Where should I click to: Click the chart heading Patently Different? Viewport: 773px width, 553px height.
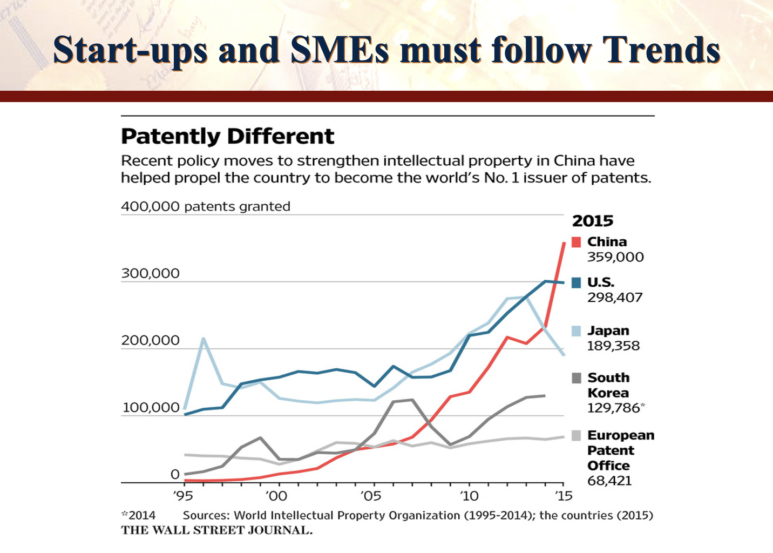pyautogui.click(x=227, y=136)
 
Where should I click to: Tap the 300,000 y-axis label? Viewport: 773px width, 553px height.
pyautogui.click(x=150, y=273)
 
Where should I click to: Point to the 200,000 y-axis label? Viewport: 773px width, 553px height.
pyautogui.click(x=150, y=340)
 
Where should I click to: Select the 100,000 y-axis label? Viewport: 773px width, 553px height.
pyautogui.click(x=151, y=407)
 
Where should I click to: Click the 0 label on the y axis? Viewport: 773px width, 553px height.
pyautogui.click(x=175, y=474)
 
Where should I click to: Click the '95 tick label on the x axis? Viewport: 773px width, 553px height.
pyautogui.click(x=183, y=496)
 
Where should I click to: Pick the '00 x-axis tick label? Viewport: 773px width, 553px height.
pyautogui.click(x=277, y=496)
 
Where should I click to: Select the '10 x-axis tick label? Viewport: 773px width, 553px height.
pyautogui.click(x=469, y=496)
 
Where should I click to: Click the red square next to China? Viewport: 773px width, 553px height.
pyautogui.click(x=577, y=242)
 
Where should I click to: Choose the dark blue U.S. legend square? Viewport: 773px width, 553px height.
pyautogui.click(x=577, y=282)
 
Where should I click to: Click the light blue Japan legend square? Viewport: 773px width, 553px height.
pyautogui.click(x=577, y=331)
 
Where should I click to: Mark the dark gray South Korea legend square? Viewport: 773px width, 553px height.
pyautogui.click(x=577, y=378)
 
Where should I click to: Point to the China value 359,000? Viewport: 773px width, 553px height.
pyautogui.click(x=615, y=257)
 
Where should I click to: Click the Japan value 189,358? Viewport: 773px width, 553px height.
pyautogui.click(x=613, y=346)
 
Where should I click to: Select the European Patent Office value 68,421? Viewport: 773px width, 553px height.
pyautogui.click(x=609, y=481)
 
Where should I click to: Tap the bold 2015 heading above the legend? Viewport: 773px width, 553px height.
pyautogui.click(x=593, y=221)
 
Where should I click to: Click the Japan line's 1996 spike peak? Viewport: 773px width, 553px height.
pyautogui.click(x=203, y=339)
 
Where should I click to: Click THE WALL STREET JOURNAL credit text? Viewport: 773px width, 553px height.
pyautogui.click(x=216, y=530)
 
